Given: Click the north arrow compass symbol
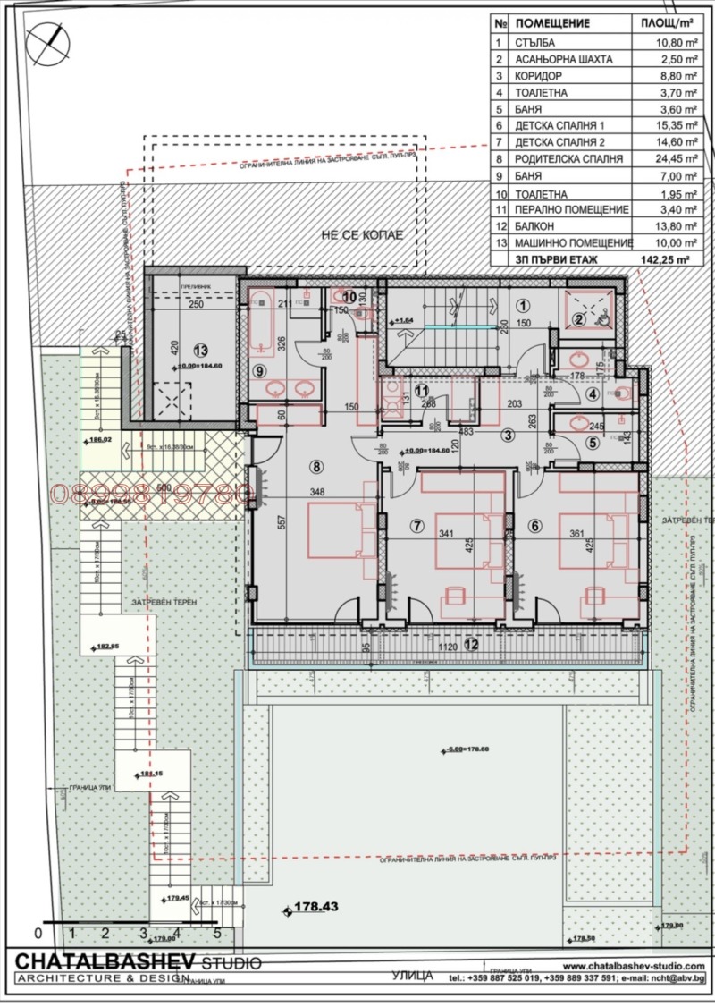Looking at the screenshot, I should coord(47,41).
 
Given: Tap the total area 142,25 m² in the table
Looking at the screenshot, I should coord(670,258).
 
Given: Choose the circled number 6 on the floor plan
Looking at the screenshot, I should coord(535,526).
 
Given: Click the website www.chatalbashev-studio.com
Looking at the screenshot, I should coord(634,966).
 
